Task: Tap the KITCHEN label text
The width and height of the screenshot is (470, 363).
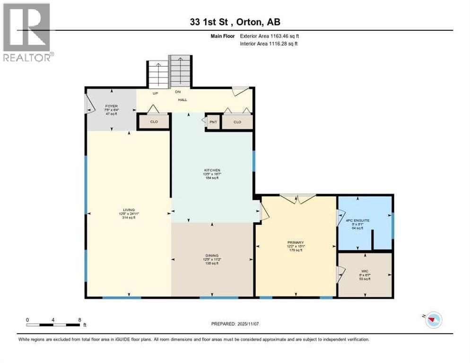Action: point(212,170)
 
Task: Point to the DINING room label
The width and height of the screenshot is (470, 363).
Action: point(212,255)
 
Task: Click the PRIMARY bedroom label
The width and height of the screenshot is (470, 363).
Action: point(295,243)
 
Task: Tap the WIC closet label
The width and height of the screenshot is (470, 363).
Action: point(365,271)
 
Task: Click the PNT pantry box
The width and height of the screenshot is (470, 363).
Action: point(213,122)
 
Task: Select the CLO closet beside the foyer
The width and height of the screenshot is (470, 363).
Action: point(154,122)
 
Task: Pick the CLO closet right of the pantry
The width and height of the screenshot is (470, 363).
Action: point(237,122)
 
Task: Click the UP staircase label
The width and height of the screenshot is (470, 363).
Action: point(155,94)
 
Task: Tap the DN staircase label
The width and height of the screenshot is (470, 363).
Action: point(178,92)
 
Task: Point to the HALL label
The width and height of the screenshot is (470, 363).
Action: point(183,100)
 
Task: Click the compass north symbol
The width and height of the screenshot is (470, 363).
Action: point(431,320)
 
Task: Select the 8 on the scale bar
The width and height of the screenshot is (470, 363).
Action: point(79,320)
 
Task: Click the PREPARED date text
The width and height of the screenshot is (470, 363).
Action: point(235,324)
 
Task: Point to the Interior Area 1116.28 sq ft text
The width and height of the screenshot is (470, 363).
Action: point(269,43)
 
